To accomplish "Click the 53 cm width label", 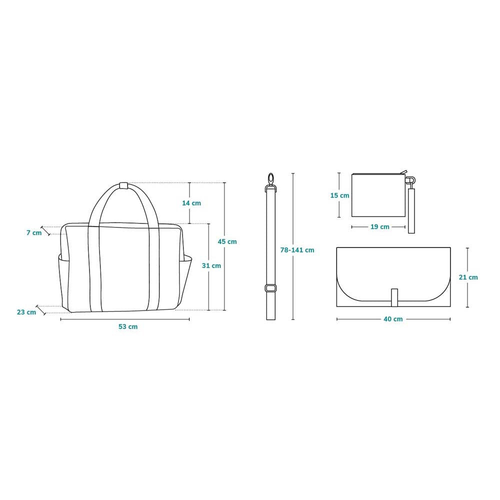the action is (128, 326).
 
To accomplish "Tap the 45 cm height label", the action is (227, 241).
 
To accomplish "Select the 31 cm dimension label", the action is (211, 265).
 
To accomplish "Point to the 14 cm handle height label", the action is (191, 203).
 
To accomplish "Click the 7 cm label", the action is (34, 233).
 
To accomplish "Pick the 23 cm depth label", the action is (26, 312).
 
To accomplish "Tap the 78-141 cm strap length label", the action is (297, 250).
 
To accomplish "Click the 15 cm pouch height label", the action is (339, 195).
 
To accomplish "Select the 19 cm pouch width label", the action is (380, 226).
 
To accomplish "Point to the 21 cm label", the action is (468, 277).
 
